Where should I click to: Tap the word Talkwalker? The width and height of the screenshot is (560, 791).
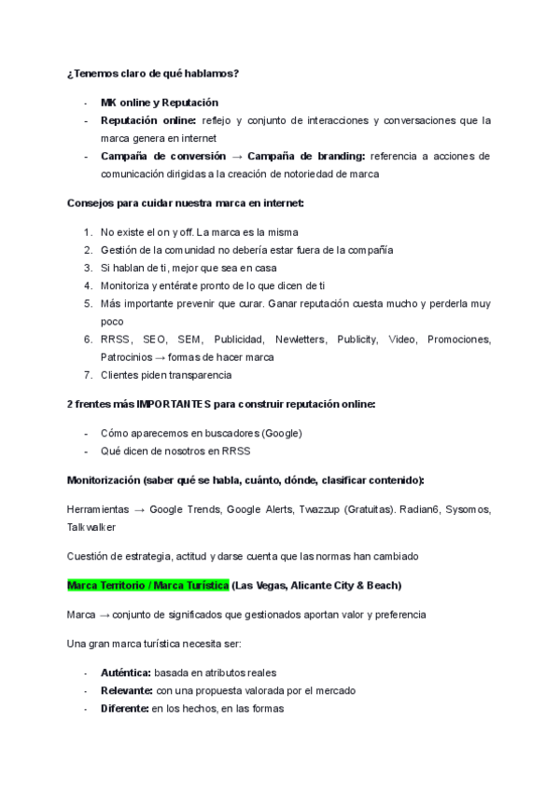[x=91, y=526]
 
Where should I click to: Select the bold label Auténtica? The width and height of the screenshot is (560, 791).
[x=126, y=673]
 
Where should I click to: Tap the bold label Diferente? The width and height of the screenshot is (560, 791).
[x=126, y=708]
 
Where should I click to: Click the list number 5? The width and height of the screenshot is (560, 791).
[x=88, y=303]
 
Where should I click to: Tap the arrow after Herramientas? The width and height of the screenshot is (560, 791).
[x=136, y=510]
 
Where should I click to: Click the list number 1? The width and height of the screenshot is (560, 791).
[x=88, y=232]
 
